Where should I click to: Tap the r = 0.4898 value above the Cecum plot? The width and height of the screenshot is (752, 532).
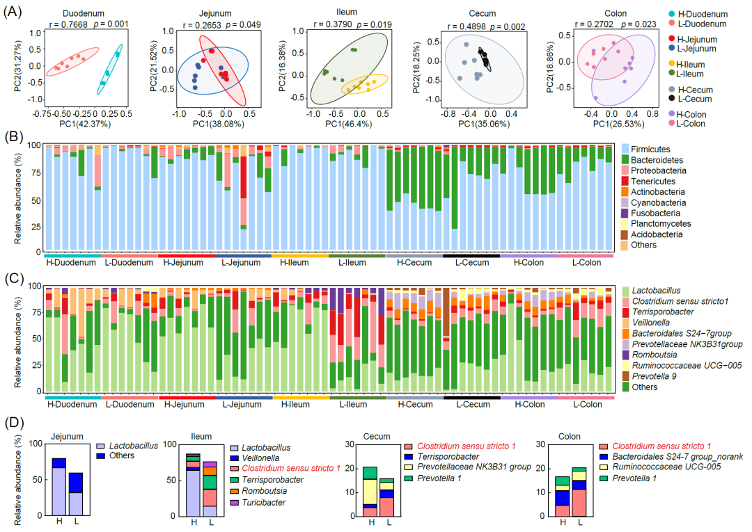[457, 26]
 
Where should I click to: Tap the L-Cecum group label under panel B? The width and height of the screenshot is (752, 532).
[471, 263]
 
